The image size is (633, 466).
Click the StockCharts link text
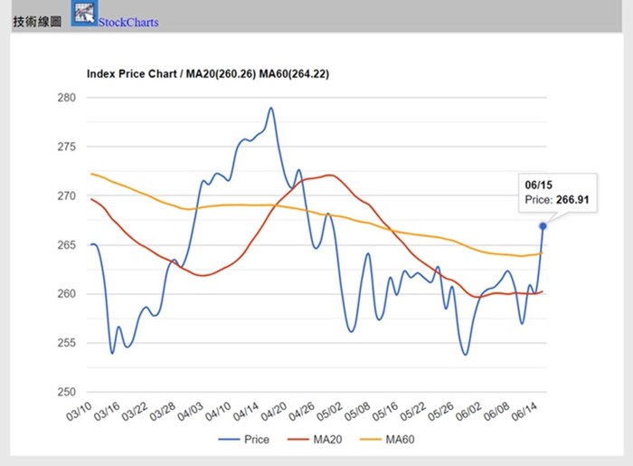(x=128, y=22)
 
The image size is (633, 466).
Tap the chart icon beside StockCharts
(x=84, y=14)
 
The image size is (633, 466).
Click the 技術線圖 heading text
(x=37, y=22)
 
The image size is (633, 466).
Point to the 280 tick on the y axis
(x=66, y=98)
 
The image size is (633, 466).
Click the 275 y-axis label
(x=66, y=147)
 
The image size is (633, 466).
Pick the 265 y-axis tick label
(x=66, y=245)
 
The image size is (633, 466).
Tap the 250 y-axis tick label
(x=66, y=393)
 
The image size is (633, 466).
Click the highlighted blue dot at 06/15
(x=543, y=226)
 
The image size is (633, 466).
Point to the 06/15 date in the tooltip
(x=538, y=184)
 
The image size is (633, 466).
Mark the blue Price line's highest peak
(x=270, y=108)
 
